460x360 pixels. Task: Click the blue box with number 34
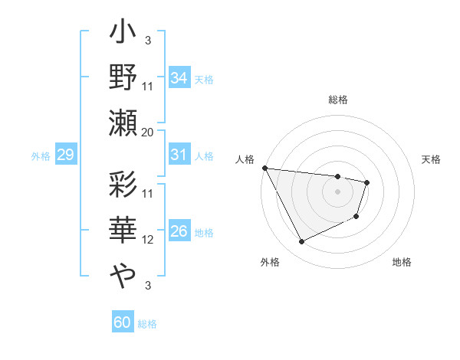point(179,77)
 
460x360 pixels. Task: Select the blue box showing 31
point(179,155)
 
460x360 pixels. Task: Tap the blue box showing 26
point(179,232)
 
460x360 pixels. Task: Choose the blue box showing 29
point(65,155)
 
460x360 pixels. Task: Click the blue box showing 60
point(123,322)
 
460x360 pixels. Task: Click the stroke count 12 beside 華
point(148,239)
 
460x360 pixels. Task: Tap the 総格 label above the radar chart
point(338,100)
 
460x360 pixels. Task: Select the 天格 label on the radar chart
point(432,159)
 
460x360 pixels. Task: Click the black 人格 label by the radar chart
point(244,159)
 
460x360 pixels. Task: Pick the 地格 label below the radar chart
point(402,262)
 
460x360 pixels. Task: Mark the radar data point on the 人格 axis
point(264,168)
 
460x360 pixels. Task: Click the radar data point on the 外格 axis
point(301,242)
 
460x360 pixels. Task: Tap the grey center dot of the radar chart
point(338,191)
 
